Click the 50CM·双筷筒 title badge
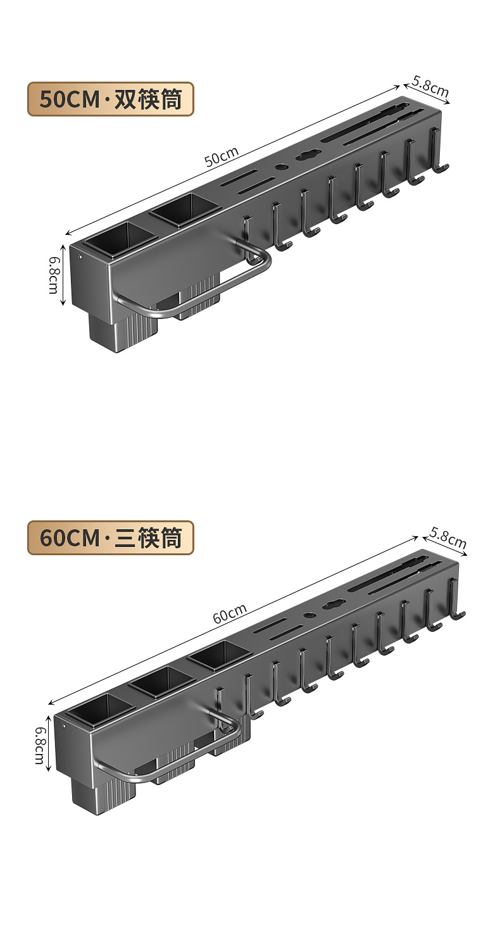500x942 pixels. click(110, 99)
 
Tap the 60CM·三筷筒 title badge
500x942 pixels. click(110, 538)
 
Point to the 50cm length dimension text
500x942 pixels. click(222, 156)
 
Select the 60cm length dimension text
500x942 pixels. click(230, 613)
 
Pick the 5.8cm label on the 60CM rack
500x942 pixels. click(448, 537)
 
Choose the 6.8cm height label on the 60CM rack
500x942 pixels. click(39, 744)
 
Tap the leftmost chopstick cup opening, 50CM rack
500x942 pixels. click(120, 238)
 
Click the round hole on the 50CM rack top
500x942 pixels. click(280, 168)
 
